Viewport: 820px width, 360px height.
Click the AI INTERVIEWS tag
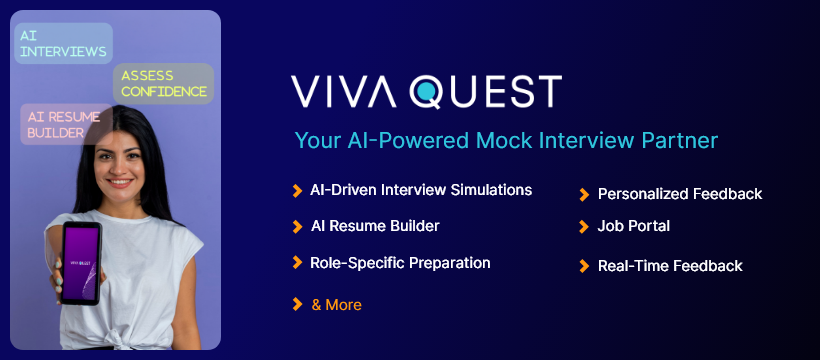tap(62, 43)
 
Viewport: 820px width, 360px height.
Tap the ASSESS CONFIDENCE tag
tap(164, 83)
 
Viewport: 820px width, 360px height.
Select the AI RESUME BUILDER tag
tap(66, 124)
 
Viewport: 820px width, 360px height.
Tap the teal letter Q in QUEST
tap(428, 91)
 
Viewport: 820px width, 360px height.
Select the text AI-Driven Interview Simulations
tap(421, 190)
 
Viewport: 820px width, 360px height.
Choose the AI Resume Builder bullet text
tap(374, 227)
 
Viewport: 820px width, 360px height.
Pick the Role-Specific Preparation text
tap(400, 264)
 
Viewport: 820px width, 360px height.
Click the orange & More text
tap(336, 305)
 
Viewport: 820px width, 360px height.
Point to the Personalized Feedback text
tap(680, 194)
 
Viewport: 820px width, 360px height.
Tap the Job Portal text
tap(633, 227)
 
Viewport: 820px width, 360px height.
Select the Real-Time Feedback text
tap(670, 266)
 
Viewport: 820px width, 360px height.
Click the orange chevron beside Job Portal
tap(584, 227)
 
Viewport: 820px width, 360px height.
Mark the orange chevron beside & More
tap(297, 304)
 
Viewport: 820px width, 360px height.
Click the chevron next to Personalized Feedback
tap(584, 194)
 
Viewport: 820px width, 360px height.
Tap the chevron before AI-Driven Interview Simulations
tap(297, 190)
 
